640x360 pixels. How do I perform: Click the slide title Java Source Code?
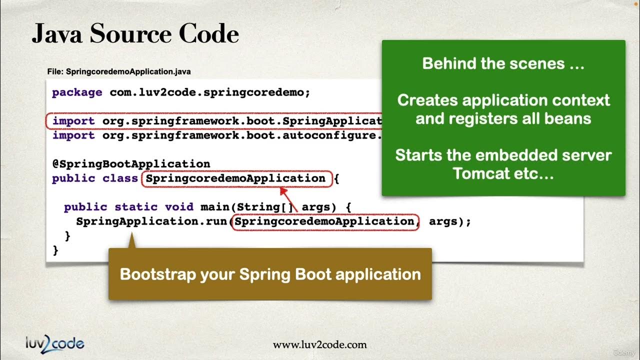pos(135,34)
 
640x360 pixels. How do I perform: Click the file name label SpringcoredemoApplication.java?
pos(119,71)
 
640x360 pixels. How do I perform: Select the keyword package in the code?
pos(77,92)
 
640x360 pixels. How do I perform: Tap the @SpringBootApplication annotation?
pos(131,164)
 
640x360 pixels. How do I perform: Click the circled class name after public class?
pos(236,178)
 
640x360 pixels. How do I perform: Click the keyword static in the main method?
pos(136,207)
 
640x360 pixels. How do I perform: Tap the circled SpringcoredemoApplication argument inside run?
pos(324,221)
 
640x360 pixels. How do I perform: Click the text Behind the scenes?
pos(503,63)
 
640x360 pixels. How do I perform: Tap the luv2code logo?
pos(55,343)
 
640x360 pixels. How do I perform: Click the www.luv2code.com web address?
pos(319,344)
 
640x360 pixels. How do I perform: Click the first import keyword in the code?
pos(73,121)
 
